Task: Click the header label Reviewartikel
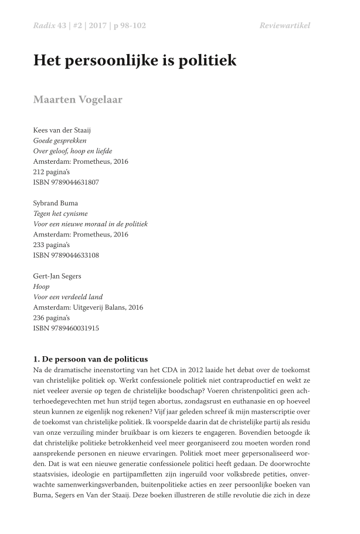(284, 25)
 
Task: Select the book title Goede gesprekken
(60, 140)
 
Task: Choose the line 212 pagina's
(52, 172)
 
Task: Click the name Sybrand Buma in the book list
(56, 203)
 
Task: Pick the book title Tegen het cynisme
(60, 214)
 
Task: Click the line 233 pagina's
(52, 245)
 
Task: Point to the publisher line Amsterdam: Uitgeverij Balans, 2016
(88, 307)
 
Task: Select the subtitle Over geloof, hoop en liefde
(73, 151)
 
